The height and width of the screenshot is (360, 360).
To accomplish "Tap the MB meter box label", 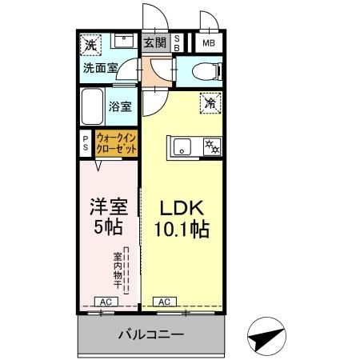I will coord(208,44).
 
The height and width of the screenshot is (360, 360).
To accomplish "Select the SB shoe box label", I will coord(177,44).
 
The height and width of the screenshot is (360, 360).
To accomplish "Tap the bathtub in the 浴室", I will coord(94,105).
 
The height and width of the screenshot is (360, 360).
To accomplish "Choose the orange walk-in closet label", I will coord(116,143).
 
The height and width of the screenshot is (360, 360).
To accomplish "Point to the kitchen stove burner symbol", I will coord(211,146).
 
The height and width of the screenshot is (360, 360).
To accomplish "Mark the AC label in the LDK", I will coord(162,302).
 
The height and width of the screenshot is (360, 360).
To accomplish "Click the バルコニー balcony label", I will coord(152,334).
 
